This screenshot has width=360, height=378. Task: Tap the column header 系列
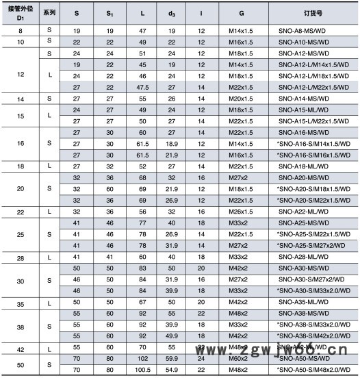click(49, 13)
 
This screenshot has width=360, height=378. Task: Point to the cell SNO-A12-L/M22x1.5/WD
click(314, 87)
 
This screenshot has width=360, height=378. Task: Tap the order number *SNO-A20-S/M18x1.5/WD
click(313, 188)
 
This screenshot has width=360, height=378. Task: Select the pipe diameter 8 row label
click(19, 32)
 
